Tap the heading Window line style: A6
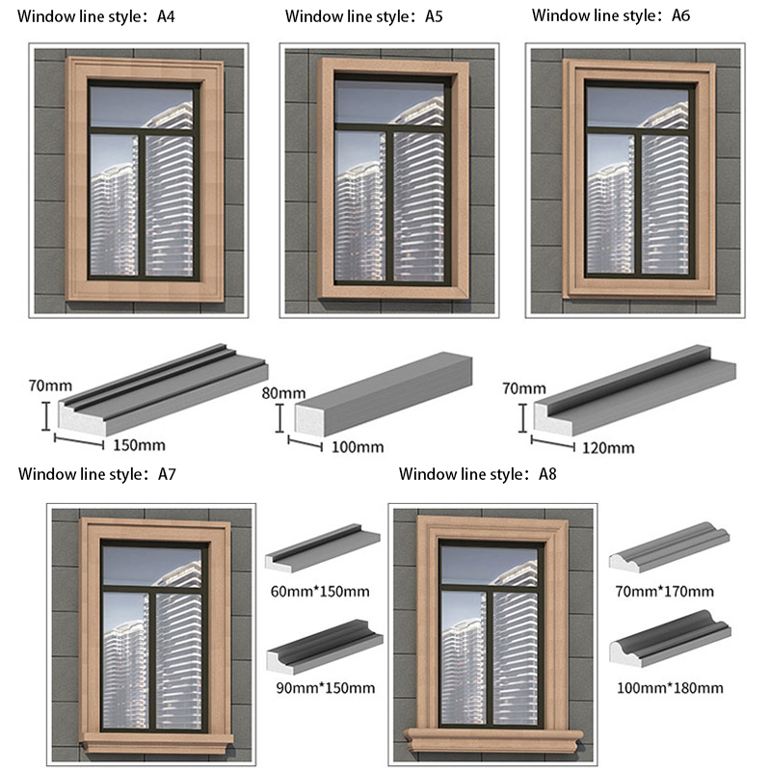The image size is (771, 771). pos(611,15)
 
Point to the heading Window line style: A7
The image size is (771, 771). pos(96,474)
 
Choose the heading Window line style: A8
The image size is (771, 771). pos(478,474)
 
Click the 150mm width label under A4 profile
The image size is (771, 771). pos(141,445)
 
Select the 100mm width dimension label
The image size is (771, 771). pos(357,447)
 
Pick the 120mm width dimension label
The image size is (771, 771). pos(608,447)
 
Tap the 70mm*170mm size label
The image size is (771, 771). pos(667,591)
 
